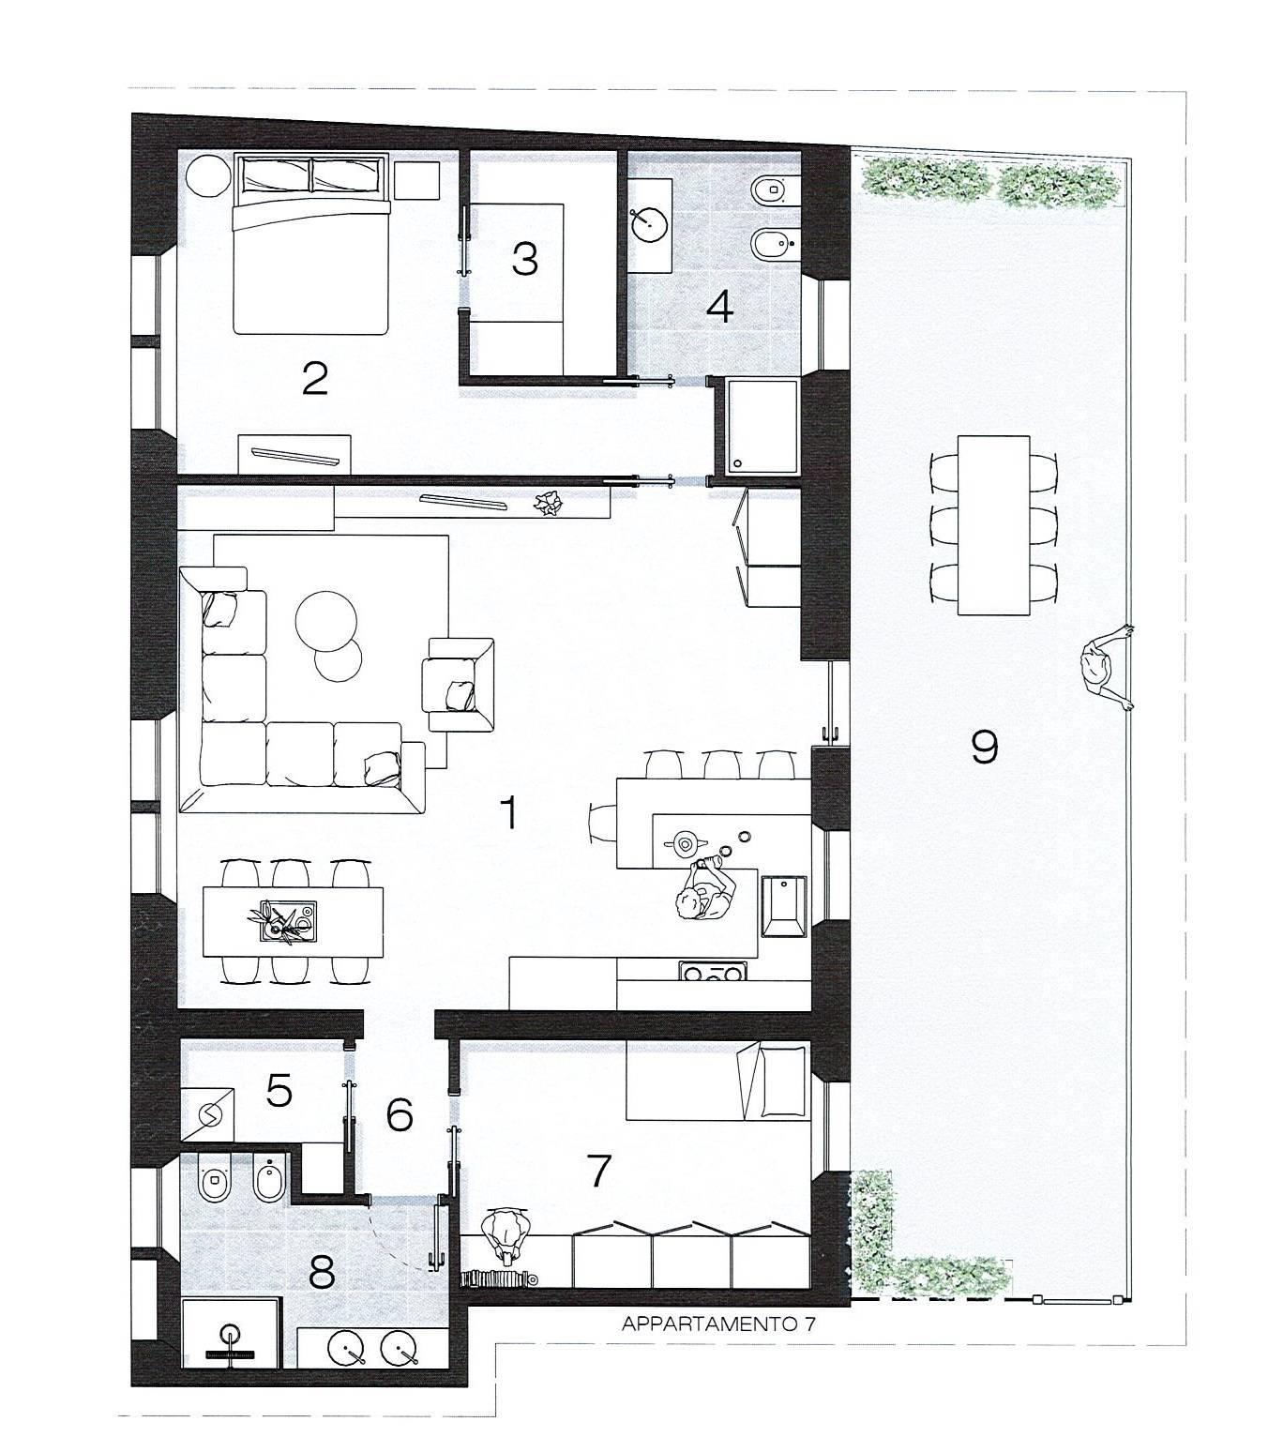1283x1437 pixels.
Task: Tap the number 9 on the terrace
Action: pyautogui.click(x=985, y=746)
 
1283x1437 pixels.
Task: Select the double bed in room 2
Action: pyautogui.click(x=312, y=245)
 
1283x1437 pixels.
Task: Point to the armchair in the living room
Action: pyautogui.click(x=459, y=684)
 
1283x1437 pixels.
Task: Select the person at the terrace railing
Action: pyautogui.click(x=1107, y=667)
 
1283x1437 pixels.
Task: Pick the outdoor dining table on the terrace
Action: pyautogui.click(x=993, y=525)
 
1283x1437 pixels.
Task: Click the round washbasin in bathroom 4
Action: pyautogui.click(x=648, y=222)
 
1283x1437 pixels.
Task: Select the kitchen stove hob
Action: pyautogui.click(x=713, y=970)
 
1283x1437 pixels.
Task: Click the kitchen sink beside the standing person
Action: pyautogui.click(x=782, y=906)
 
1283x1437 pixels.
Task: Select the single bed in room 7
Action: pyautogui.click(x=717, y=1081)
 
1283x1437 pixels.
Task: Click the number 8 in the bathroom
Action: pyautogui.click(x=322, y=1273)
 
